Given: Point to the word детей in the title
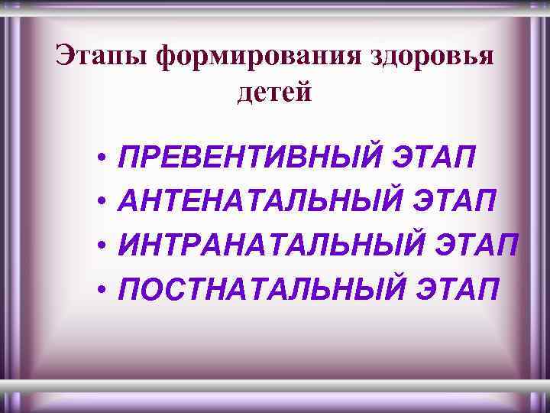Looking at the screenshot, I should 275,93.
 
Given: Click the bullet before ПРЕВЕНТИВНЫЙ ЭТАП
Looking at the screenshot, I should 101,159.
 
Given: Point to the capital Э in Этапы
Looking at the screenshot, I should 65,56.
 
